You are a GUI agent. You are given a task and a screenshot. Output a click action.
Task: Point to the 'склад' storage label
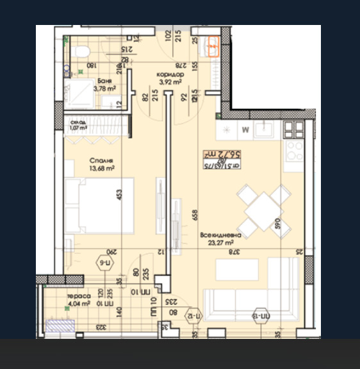[x=78, y=121]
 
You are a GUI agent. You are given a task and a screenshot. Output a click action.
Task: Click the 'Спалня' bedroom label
[x=101, y=161]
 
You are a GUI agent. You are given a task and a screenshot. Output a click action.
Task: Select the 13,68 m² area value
[x=101, y=168]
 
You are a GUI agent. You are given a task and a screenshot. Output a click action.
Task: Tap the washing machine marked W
[x=245, y=130]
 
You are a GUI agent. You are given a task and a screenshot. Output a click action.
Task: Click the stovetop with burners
[x=294, y=151]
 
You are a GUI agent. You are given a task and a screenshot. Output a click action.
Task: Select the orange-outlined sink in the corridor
[x=211, y=45]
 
